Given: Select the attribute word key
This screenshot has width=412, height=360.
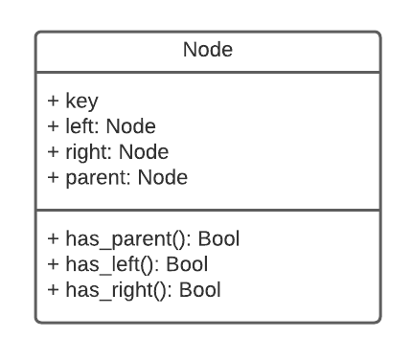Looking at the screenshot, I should coord(81,101).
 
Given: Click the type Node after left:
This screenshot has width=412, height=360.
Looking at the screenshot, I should coord(130,125).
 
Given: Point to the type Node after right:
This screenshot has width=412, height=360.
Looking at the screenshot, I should coord(144,151).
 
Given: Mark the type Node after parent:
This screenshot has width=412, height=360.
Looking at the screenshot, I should coord(162,177).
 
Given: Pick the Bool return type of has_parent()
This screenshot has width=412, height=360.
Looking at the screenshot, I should coord(219,237).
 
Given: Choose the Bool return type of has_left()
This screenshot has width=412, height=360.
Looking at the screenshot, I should coord(187,263).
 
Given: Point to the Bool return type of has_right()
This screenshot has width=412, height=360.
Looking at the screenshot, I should coord(199,289).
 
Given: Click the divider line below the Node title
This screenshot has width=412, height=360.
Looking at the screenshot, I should coord(208,71).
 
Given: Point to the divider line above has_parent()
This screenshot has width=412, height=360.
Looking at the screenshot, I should coord(208,209).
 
